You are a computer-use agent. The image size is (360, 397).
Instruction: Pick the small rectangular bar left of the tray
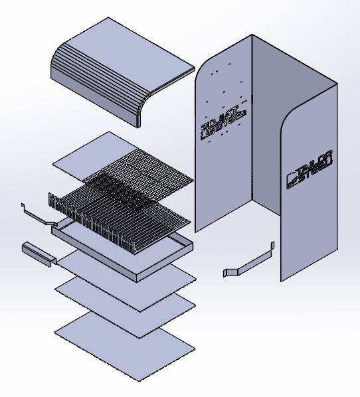(37, 254)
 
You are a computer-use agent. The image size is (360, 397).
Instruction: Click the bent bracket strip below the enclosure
(249, 261)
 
